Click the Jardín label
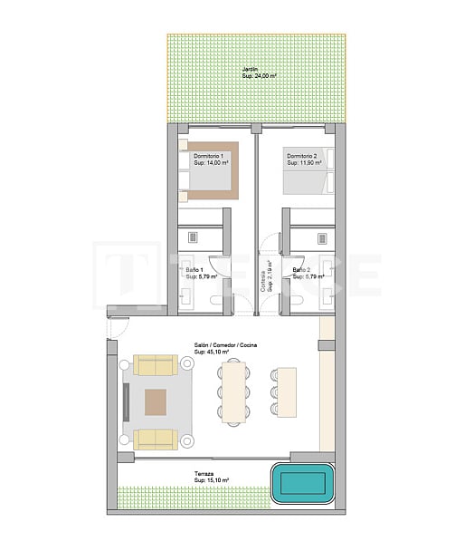250,70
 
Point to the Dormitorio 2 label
303,157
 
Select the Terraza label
204,474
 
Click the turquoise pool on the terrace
302,483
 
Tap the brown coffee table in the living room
156,401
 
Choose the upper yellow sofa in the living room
156,364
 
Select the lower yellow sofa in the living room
156,440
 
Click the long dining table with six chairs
233,391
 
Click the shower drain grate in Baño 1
193,237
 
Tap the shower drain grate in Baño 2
321,237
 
